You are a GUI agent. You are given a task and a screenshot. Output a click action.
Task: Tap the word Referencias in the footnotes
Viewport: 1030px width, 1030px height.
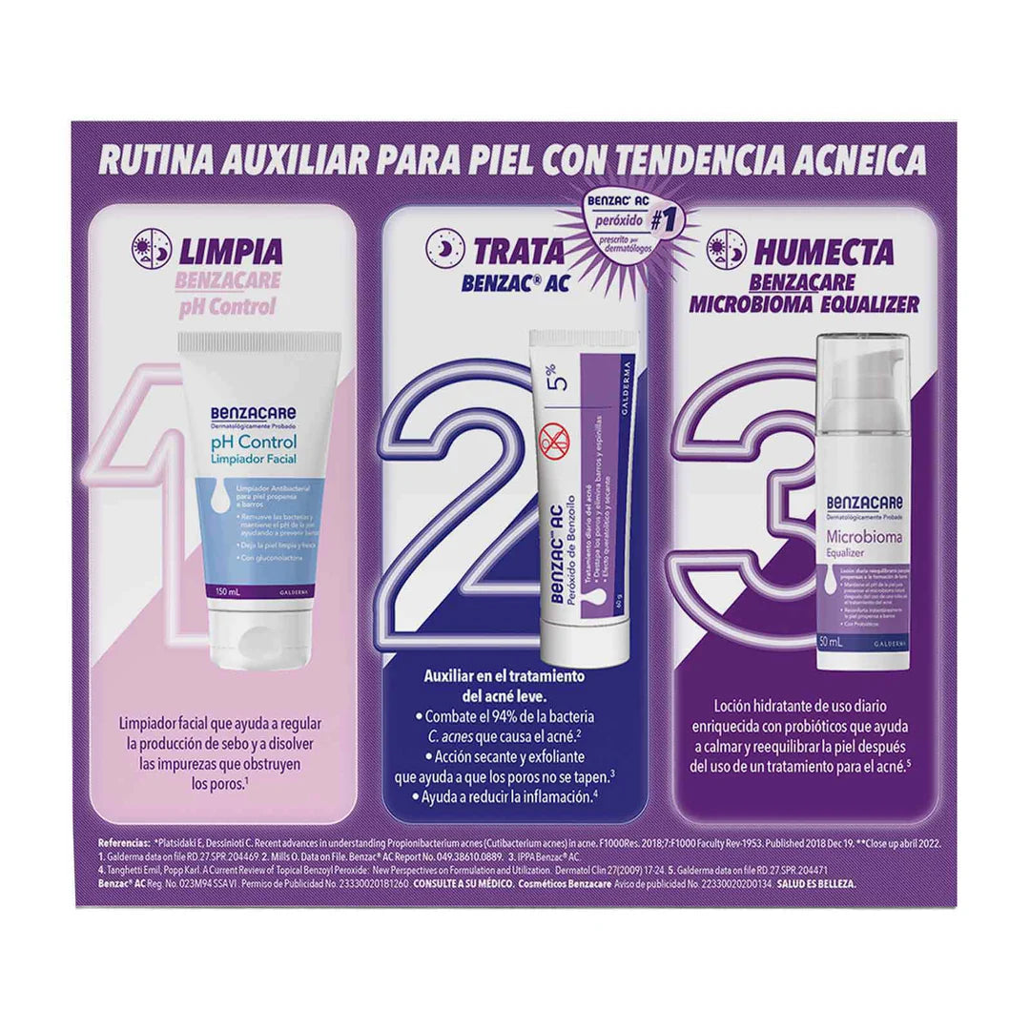[125, 844]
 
